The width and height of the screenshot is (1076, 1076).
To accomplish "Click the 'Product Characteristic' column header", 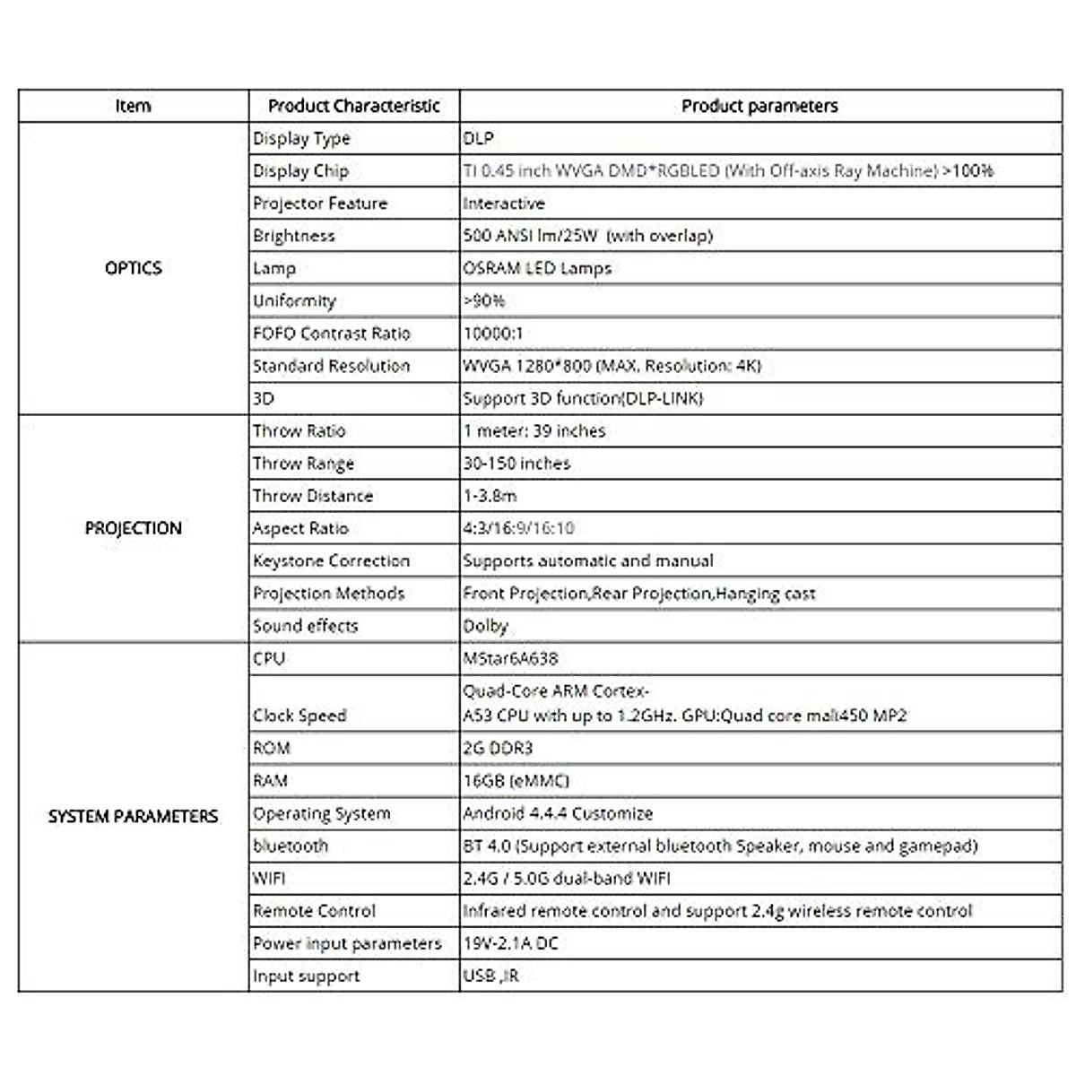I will tap(354, 106).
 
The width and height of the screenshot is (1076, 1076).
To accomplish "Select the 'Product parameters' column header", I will tap(759, 106).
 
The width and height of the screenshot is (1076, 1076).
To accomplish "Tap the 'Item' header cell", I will tap(133, 106).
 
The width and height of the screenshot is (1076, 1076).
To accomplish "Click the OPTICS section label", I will tap(133, 268).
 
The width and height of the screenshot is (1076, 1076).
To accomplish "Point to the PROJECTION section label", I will tap(133, 528).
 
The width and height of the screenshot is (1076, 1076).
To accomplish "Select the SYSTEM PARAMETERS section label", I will tap(133, 816).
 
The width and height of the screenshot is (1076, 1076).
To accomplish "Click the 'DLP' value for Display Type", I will tap(478, 139).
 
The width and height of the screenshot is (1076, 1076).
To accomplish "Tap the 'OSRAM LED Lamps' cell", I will tap(537, 268).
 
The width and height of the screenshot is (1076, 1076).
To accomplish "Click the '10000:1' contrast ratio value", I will tap(493, 334).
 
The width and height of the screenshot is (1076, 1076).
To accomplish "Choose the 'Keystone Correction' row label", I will tap(331, 561).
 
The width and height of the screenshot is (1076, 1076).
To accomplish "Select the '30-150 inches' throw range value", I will tap(516, 464).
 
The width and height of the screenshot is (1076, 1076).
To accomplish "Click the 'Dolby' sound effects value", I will tap(485, 626).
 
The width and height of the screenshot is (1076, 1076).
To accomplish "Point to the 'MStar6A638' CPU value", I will tap(510, 658).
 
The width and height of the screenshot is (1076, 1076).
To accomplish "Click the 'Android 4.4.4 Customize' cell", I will tap(558, 813).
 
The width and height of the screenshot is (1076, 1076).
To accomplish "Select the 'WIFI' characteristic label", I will tap(269, 879).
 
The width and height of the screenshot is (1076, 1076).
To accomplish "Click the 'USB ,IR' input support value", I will tap(490, 976).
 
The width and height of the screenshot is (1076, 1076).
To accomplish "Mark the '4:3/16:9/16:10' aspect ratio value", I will tap(518, 528).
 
